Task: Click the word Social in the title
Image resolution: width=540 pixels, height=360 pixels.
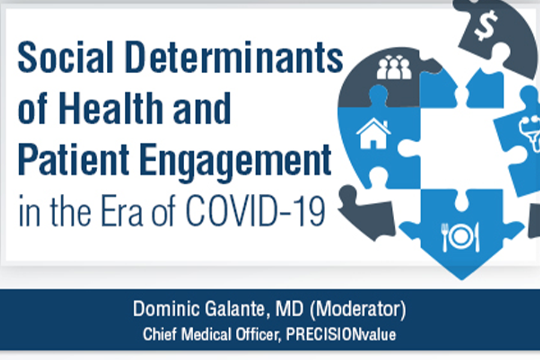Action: pyautogui.click(x=65, y=57)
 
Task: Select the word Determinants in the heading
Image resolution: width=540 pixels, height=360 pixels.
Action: pyautogui.click(x=234, y=57)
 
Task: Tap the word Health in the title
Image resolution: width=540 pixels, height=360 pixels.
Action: pyautogui.click(x=111, y=107)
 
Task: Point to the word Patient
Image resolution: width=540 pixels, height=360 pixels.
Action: pyautogui.click(x=73, y=159)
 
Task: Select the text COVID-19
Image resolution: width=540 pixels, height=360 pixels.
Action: pyautogui.click(x=255, y=211)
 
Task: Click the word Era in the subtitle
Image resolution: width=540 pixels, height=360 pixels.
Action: pyautogui.click(x=122, y=211)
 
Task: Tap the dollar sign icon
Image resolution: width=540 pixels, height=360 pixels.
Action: pyautogui.click(x=485, y=25)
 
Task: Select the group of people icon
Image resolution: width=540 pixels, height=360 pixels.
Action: pyautogui.click(x=394, y=67)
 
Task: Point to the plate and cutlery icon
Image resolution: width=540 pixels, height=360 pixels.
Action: pyautogui.click(x=460, y=236)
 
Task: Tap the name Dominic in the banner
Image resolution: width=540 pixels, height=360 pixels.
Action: pyautogui.click(x=166, y=308)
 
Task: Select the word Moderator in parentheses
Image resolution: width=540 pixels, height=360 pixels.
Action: pyautogui.click(x=358, y=309)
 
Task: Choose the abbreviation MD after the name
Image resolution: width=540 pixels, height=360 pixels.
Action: pyautogui.click(x=289, y=308)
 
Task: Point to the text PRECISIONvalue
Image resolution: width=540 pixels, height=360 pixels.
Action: pyautogui.click(x=341, y=335)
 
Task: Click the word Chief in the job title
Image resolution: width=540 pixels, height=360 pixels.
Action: pyautogui.click(x=160, y=335)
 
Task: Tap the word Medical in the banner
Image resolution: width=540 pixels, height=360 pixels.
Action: pyautogui.click(x=206, y=335)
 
